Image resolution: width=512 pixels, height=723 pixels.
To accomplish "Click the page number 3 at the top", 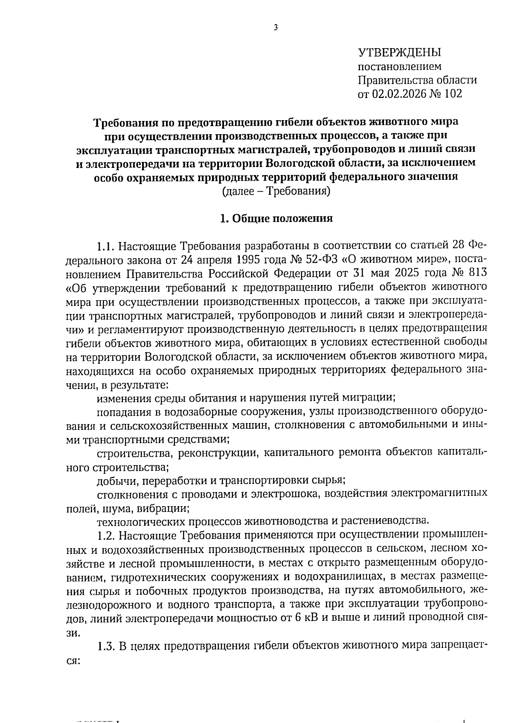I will point(275,28).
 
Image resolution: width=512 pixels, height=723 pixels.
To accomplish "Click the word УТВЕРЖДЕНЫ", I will point(399,52).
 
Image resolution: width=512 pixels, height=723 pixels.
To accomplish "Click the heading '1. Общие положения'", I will point(276,219).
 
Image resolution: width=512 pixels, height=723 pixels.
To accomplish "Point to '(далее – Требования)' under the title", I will point(276,191).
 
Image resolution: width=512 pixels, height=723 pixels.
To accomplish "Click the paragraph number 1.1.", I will point(106,246).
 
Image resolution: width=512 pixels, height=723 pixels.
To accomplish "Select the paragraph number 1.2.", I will point(106,534).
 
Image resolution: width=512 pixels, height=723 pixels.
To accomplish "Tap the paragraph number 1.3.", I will point(106,645).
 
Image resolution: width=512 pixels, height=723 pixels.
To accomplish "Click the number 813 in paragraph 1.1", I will point(474,272).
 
